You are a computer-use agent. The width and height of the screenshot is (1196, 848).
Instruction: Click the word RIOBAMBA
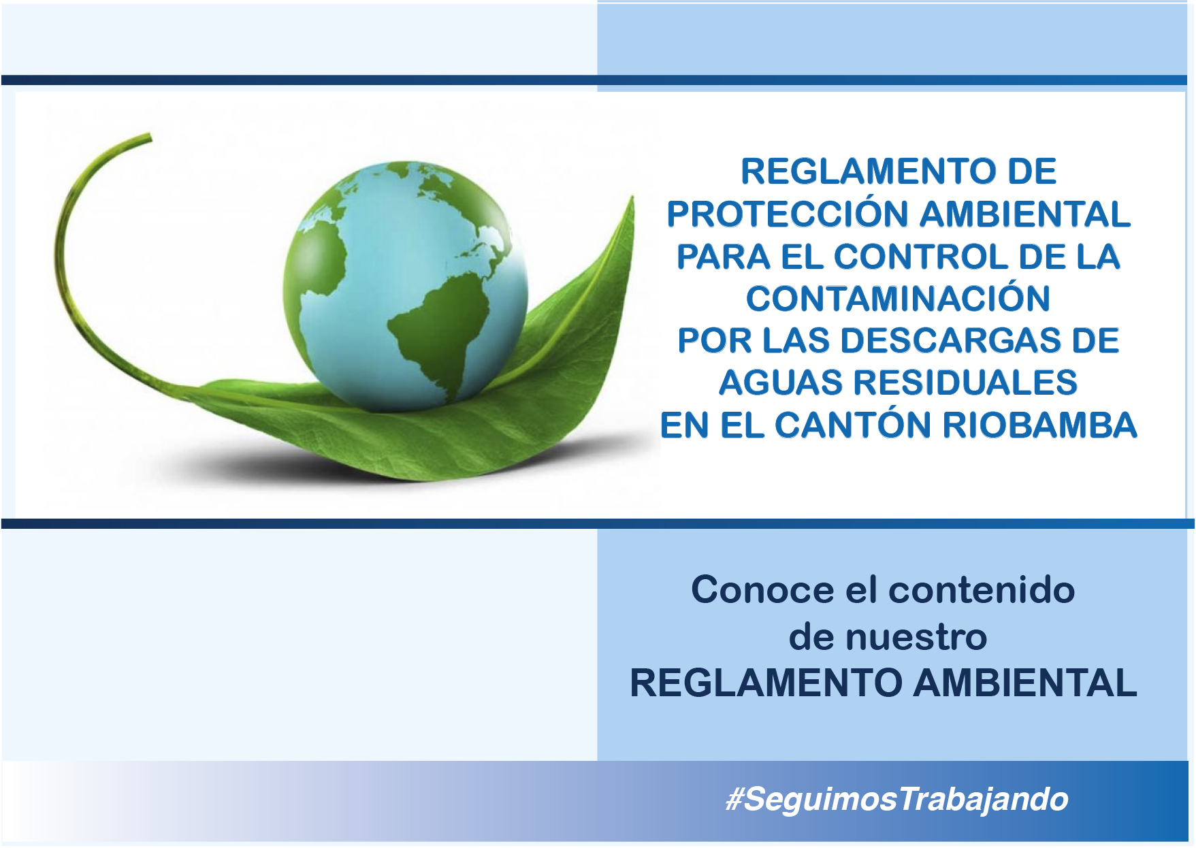pos(1039,425)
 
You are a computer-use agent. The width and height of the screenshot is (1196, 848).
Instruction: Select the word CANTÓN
pos(853,425)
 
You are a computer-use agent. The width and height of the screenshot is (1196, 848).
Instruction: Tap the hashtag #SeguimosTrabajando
pos(897,799)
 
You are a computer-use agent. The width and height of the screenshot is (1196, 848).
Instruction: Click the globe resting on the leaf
pos(406,287)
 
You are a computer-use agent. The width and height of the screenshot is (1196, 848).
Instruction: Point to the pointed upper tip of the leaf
pos(632,197)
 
